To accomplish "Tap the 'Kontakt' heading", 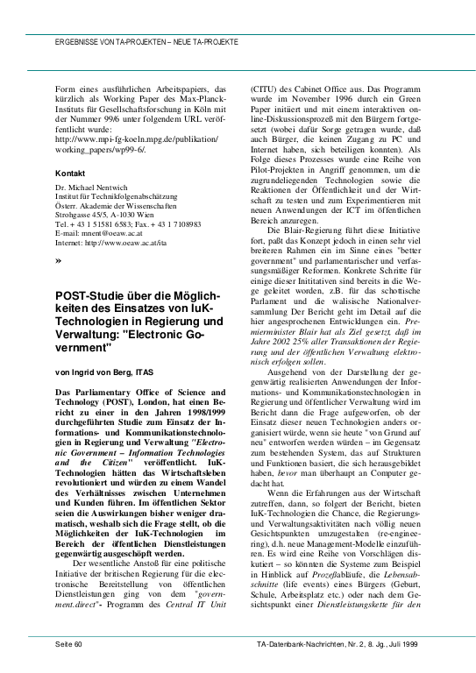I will click(69, 174).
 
